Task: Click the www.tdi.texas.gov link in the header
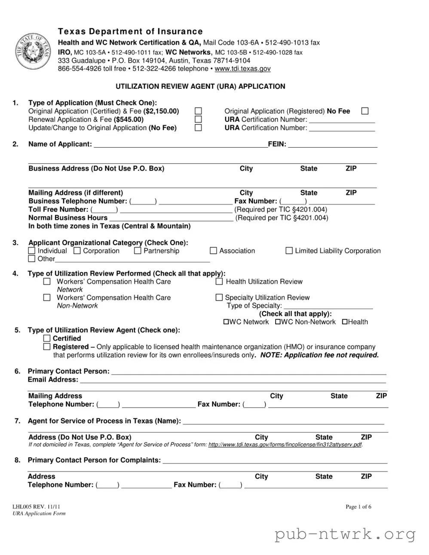click(x=242, y=69)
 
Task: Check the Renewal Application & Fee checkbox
click(x=198, y=119)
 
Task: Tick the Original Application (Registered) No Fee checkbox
click(x=365, y=111)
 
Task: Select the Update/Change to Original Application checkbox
click(x=198, y=128)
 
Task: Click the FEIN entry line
click(x=332, y=145)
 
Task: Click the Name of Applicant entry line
click(x=181, y=145)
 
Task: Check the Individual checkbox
click(x=32, y=251)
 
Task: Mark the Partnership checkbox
click(x=138, y=251)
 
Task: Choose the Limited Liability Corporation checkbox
click(x=289, y=251)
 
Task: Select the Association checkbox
click(x=213, y=251)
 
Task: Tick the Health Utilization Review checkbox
click(x=219, y=282)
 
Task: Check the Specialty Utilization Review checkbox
click(x=219, y=298)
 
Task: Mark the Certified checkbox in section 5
click(x=47, y=338)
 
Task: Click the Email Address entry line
click(x=233, y=380)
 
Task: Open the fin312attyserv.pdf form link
click(x=285, y=445)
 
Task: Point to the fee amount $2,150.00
click(x=161, y=111)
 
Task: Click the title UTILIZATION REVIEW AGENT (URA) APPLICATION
click(x=200, y=86)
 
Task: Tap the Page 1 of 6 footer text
click(x=359, y=507)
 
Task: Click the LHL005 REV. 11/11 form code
click(x=36, y=507)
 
